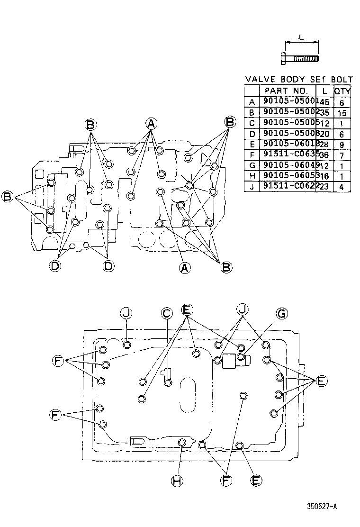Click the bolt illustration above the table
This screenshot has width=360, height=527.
301,59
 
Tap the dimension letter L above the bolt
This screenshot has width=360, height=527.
301,37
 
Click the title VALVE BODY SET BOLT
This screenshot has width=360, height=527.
298,79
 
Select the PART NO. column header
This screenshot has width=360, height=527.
287,90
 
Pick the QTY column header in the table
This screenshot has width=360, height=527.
342,91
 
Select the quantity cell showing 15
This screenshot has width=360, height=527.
342,113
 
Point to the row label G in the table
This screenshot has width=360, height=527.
252,165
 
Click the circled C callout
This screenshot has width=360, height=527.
167,313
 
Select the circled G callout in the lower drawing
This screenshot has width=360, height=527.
281,313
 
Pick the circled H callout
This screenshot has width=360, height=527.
177,481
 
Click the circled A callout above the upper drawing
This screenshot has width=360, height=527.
151,124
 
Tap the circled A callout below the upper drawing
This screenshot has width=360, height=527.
185,268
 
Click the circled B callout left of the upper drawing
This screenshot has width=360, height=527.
8,196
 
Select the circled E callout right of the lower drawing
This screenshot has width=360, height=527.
321,381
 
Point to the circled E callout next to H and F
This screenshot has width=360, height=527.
256,481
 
